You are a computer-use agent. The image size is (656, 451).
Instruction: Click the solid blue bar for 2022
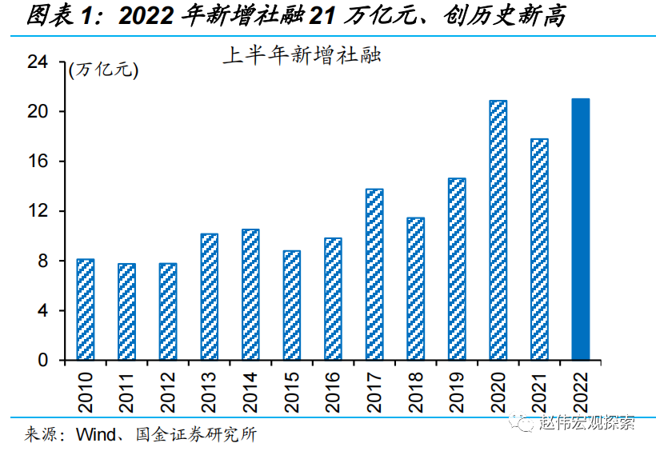point(581,229)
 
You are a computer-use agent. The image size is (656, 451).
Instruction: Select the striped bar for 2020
point(498,230)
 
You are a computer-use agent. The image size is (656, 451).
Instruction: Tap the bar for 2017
point(374,274)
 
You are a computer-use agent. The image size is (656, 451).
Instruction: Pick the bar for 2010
point(86,309)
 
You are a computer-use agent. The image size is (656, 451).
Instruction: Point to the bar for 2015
point(292,305)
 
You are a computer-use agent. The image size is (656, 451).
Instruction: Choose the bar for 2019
point(457,269)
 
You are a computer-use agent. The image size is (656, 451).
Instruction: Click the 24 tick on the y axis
point(49,62)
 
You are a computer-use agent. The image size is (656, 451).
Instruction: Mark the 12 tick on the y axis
point(49,211)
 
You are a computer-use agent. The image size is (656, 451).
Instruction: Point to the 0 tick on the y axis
point(54,361)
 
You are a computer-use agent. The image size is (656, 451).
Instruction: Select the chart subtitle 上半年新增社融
point(301,56)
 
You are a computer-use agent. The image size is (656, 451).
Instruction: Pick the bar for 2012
point(168,312)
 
